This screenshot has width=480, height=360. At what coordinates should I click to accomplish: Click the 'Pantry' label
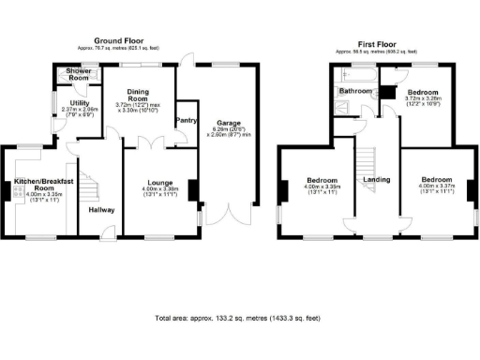coord(186,120)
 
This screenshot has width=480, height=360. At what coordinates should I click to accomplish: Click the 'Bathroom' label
coord(355,91)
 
